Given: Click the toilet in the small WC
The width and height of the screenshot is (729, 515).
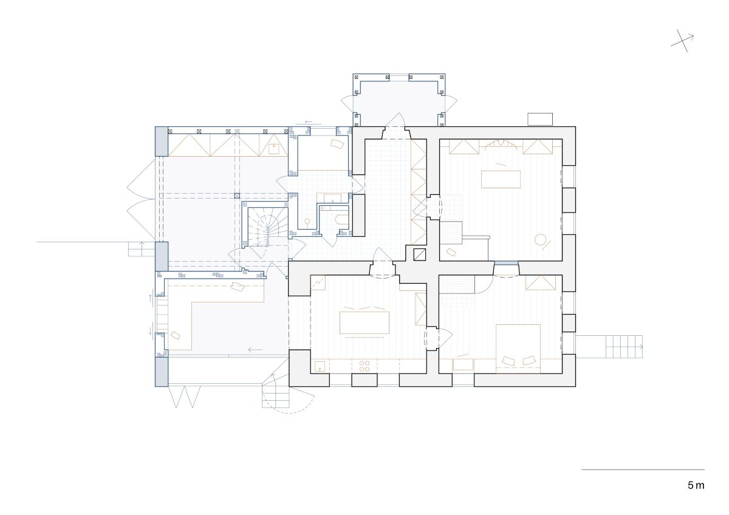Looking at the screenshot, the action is (x=340, y=219).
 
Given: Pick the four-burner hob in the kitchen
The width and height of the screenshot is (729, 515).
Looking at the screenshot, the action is (x=364, y=366).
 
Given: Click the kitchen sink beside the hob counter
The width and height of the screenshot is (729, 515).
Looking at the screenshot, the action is (x=320, y=366).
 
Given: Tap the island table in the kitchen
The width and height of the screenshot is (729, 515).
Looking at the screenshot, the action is (x=364, y=322).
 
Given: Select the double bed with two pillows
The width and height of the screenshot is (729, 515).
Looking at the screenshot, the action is (x=518, y=349).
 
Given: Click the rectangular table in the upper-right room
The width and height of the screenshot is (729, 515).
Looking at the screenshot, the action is (x=501, y=179).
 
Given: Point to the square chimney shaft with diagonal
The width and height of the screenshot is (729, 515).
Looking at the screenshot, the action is (x=420, y=254).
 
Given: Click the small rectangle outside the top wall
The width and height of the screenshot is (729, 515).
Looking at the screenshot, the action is (x=540, y=119).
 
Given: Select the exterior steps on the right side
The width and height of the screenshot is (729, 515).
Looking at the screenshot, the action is (x=609, y=347).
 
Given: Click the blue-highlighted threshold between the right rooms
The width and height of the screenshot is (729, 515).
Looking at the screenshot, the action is (x=506, y=263).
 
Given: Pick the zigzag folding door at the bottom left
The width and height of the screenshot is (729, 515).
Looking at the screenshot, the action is (x=184, y=397).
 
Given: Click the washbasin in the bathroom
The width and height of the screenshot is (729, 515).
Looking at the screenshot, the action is (x=332, y=199).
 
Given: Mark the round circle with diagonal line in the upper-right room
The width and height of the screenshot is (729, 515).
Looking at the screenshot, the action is (x=541, y=240).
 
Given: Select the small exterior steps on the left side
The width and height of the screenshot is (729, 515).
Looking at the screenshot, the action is (x=142, y=249).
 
